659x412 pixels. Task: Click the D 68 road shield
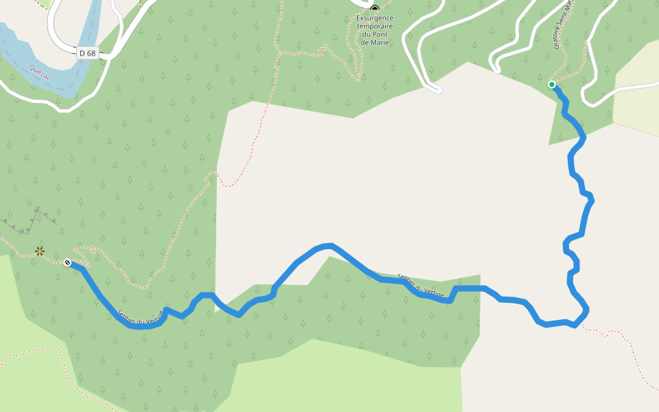coord(87,53)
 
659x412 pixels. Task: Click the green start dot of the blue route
coord(552,84)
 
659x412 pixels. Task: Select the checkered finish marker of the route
coord(67,262)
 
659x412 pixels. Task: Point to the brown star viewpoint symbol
coord(40,251)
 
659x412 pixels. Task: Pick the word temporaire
coord(374,27)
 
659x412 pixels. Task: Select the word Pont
coord(383,35)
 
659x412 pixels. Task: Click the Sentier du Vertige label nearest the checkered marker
coord(141,317)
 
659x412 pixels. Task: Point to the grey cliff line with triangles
coord(31,220)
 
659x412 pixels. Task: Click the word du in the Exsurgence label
coord(365,35)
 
